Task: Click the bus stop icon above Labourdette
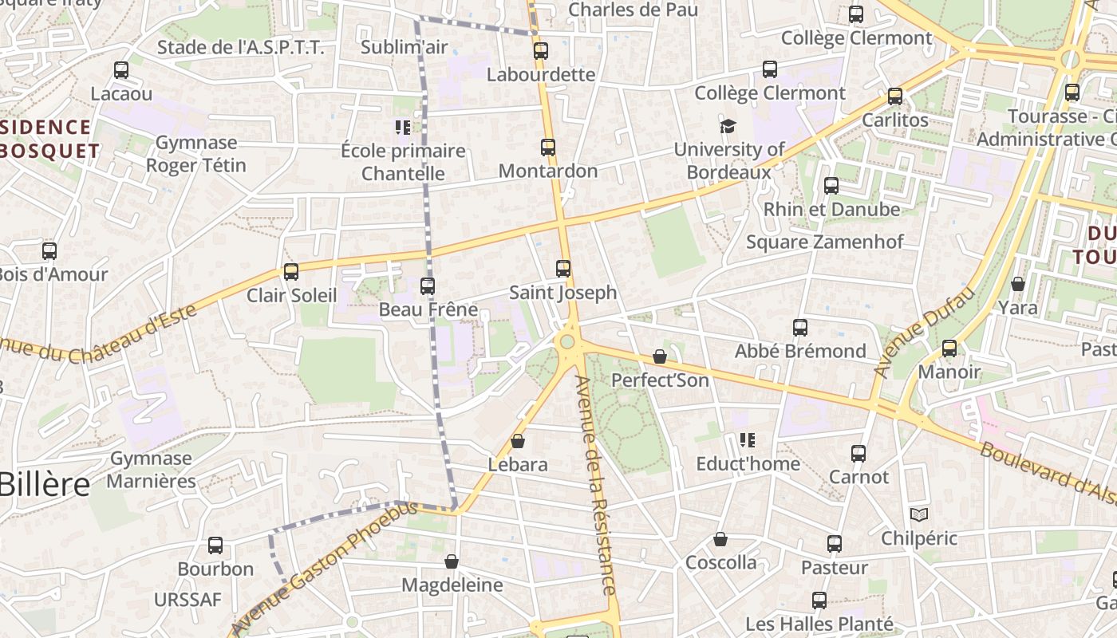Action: [541, 51]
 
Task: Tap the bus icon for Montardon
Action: [548, 148]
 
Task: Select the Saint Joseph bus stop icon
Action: [563, 269]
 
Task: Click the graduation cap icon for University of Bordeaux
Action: [728, 126]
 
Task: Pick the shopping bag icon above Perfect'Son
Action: [660, 356]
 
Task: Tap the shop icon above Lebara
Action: [518, 441]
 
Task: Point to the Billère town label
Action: [45, 484]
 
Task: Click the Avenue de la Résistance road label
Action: [597, 485]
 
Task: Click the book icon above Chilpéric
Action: [919, 514]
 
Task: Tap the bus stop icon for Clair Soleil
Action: [291, 272]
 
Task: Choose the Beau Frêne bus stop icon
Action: [428, 286]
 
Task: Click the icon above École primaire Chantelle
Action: [403, 127]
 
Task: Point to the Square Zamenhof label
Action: [824, 242]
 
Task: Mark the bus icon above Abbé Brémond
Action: [800, 328]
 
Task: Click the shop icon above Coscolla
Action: [720, 539]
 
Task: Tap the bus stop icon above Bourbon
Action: [215, 545]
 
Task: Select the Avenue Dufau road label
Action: [926, 332]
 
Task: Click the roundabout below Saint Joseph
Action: [567, 342]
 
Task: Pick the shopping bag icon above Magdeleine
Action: [452, 561]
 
